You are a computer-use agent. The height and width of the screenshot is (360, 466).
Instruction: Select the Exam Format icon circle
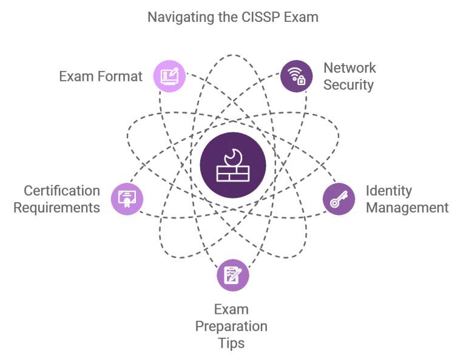pyautogui.click(x=169, y=76)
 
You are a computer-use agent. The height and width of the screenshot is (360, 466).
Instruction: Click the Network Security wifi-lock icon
pyautogui.click(x=296, y=76)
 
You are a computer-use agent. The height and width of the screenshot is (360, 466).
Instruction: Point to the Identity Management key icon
pyautogui.click(x=339, y=199)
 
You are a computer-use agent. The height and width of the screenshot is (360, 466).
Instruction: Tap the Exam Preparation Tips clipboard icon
pyautogui.click(x=232, y=274)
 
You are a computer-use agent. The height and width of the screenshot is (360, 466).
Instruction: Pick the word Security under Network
pyautogui.click(x=349, y=84)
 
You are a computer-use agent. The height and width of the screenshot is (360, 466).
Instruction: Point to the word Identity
pyautogui.click(x=389, y=192)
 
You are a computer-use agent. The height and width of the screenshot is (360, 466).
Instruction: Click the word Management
pyautogui.click(x=407, y=208)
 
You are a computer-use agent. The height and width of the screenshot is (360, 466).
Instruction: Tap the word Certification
pyautogui.click(x=62, y=192)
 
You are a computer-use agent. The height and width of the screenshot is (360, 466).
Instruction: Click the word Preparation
pyautogui.click(x=231, y=327)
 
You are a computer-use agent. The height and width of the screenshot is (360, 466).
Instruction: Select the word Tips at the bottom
pyautogui.click(x=231, y=343)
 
